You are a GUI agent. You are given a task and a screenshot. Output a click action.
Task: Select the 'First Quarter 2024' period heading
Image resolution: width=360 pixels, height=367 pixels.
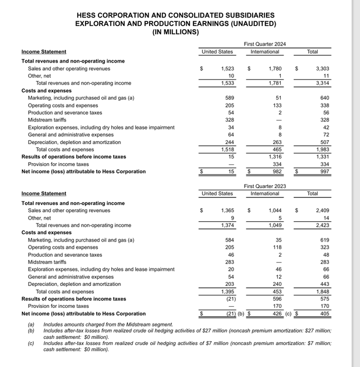click(264, 43)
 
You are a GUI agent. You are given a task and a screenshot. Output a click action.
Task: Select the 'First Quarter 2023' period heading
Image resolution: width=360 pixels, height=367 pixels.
click(264, 185)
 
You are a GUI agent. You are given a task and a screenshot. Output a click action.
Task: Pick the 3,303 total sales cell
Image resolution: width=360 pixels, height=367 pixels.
click(322, 69)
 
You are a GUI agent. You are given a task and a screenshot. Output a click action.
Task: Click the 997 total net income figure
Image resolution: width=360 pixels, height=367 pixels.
click(325, 171)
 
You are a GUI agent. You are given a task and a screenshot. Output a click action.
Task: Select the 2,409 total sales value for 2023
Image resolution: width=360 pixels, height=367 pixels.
click(322, 211)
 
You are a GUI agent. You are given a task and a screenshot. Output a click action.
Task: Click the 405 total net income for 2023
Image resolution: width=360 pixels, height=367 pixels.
click(325, 314)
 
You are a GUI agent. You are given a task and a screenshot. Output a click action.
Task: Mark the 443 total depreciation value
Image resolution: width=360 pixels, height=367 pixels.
click(325, 284)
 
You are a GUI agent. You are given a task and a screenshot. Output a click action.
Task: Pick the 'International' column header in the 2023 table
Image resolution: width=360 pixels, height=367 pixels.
click(264, 194)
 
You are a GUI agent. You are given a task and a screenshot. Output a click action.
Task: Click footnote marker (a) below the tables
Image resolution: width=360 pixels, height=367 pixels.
click(31, 325)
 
